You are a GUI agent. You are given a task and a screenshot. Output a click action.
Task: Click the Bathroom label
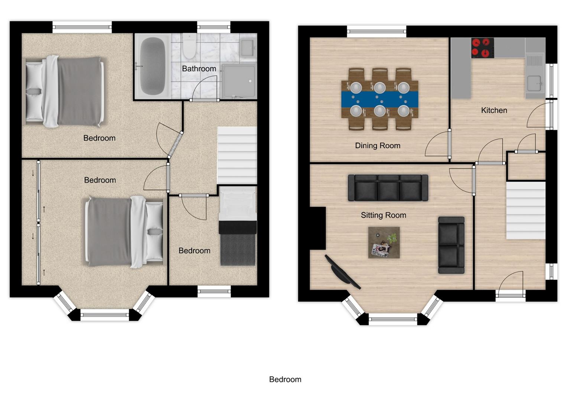[199, 69]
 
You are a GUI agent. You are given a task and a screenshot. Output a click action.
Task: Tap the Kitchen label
[494, 110]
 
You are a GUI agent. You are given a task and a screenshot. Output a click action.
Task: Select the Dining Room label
[377, 146]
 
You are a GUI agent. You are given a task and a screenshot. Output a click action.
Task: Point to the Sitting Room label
[383, 215]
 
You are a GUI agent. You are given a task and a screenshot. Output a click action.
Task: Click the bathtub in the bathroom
[152, 66]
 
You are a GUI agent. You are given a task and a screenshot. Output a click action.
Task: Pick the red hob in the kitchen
[482, 48]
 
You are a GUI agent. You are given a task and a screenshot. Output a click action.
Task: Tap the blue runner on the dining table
[379, 99]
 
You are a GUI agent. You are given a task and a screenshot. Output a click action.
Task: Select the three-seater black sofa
[388, 188]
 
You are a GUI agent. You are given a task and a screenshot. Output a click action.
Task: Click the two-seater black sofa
[451, 245]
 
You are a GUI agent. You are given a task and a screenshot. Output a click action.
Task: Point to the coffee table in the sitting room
[384, 242]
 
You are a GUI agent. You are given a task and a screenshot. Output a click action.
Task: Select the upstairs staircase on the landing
[237, 155]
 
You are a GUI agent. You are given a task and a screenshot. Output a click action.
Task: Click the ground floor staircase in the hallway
[526, 210]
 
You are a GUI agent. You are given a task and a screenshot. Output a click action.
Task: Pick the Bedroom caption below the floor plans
[285, 379]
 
